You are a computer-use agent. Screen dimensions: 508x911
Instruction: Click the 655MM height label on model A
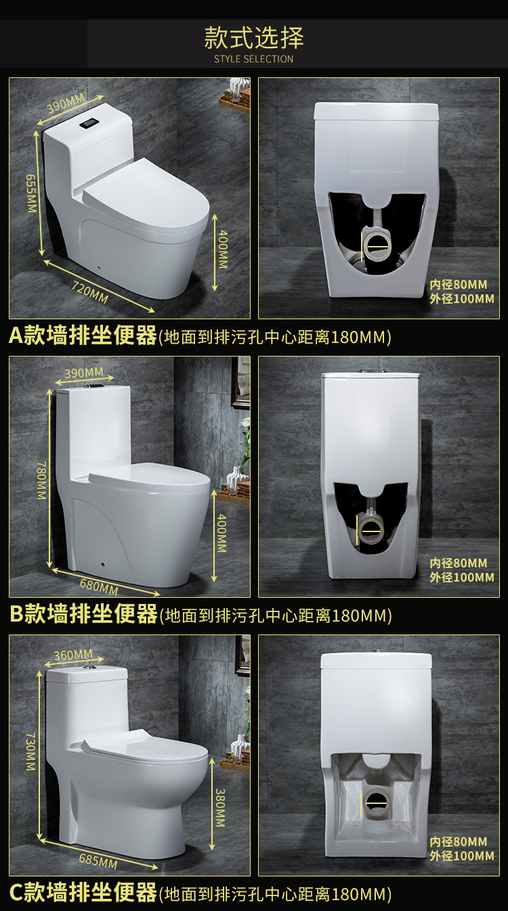pos(31,193)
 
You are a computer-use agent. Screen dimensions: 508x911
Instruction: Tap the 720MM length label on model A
pos(90,292)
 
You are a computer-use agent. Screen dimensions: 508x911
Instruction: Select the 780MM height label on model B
pos(42,481)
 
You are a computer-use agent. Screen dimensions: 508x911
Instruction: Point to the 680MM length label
pos(99,587)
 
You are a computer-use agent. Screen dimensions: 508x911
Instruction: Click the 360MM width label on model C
pos(73,655)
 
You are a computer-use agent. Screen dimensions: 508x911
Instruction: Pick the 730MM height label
pos(31,752)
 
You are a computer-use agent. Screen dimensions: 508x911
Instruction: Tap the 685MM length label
pos(98,861)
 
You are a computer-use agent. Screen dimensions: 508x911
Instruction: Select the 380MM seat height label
pos(220,808)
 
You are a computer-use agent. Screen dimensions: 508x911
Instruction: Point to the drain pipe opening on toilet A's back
pos(377,245)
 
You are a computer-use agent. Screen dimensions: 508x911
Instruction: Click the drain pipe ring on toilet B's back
pos(371,530)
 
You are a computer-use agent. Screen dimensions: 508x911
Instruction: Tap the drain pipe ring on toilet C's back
pos(377,803)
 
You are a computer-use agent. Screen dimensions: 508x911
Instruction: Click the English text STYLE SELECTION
pos(253,59)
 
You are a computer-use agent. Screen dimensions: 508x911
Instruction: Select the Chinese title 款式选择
pos(253,38)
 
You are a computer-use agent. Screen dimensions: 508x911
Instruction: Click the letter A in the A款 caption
pos(16,336)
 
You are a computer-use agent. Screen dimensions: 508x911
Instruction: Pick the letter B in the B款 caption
pos(17,613)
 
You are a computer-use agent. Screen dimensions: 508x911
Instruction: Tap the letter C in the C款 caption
pos(16,892)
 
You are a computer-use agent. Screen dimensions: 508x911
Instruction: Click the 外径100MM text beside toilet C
pos(462,855)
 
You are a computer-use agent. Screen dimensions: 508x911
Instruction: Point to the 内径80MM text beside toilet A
pos(459,284)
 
